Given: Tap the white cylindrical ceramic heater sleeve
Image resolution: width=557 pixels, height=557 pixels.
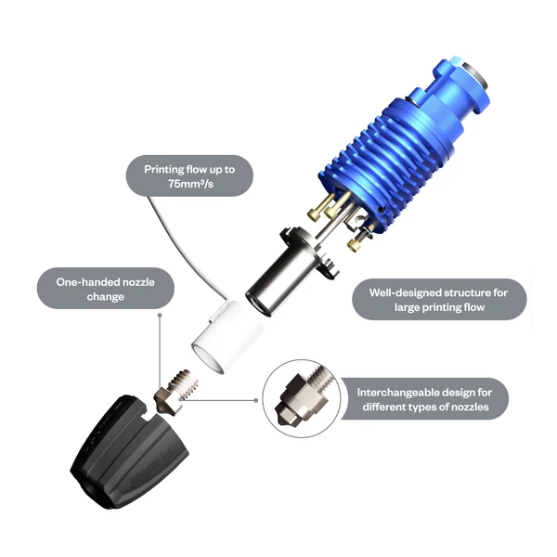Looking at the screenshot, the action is click(227, 336).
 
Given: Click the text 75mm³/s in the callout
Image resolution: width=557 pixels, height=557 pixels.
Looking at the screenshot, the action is click(190, 184).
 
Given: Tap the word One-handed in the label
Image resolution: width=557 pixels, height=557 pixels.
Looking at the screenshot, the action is click(84, 282).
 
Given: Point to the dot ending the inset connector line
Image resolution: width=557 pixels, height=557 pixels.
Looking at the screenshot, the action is click(256, 400).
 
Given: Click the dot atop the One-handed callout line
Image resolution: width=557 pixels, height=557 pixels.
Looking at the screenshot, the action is click(160, 315).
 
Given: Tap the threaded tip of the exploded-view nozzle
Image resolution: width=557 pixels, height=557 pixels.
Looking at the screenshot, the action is click(185, 380).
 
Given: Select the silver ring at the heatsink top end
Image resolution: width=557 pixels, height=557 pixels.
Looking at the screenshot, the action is click(476, 76).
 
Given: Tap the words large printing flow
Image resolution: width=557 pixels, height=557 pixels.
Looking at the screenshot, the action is click(439, 307).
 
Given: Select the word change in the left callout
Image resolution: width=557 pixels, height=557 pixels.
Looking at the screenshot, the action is click(106, 297).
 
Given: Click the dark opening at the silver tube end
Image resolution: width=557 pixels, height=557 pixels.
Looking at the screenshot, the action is click(259, 303).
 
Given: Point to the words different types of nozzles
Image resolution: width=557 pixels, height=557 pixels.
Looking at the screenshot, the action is click(425, 408).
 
